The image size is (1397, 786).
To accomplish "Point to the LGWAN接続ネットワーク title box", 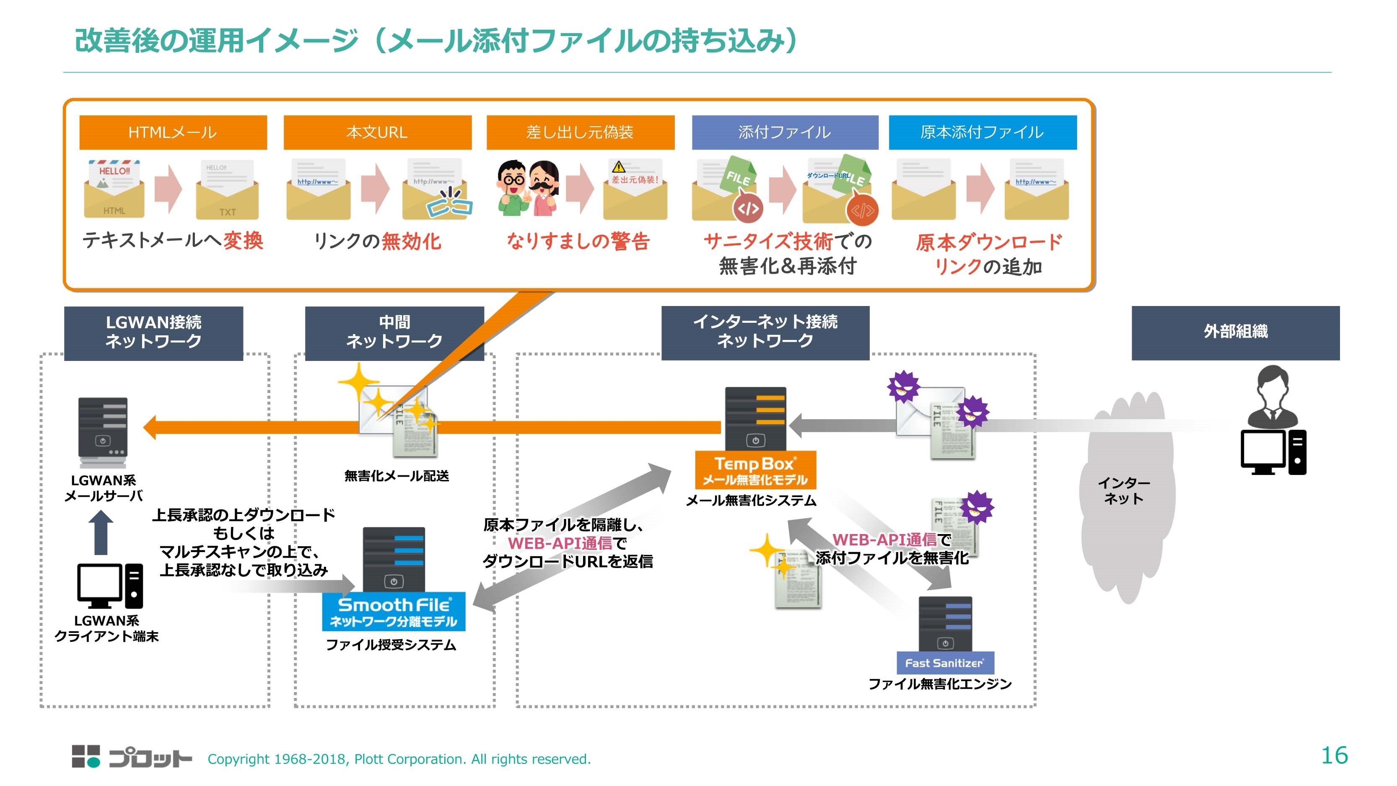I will click(153, 332).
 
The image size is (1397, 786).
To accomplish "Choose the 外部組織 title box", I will click(1235, 332).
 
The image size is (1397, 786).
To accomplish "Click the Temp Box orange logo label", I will click(755, 470).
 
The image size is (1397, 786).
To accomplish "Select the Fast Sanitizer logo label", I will click(945, 663).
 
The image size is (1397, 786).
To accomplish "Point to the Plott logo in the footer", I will click(132, 757).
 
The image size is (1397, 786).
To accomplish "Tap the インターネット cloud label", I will click(1124, 490).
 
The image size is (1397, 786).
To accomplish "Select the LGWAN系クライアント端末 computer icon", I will click(110, 586).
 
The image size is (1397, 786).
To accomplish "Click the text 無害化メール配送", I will click(397, 476).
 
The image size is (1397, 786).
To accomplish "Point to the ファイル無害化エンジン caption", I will click(940, 684).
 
